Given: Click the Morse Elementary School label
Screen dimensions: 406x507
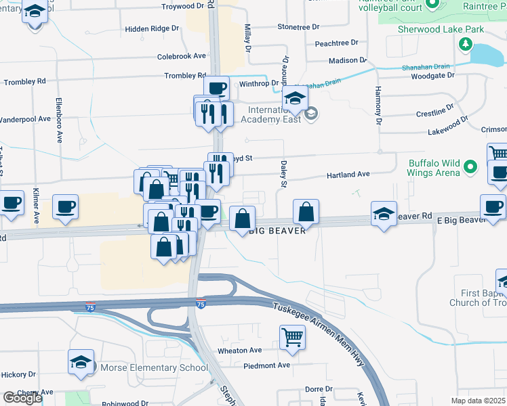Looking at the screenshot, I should coord(154,368).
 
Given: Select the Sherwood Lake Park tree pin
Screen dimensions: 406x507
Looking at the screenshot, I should coord(465,45).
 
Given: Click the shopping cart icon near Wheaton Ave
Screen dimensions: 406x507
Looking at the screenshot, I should coord(292,336).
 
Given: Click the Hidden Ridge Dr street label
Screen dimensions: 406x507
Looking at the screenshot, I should coord(153,30).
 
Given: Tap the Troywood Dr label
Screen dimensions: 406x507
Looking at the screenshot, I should coord(183,6).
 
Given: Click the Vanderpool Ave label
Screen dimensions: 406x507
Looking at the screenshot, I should coord(25,118).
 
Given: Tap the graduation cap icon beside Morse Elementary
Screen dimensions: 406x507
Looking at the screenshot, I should coord(81,362).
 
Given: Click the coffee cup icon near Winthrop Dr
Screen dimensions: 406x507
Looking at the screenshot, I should coord(216,88).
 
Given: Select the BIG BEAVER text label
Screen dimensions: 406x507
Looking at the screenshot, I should coord(273,230).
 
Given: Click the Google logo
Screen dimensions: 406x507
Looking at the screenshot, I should coord(22,398).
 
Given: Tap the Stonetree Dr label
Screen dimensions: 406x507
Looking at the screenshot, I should coord(298,27).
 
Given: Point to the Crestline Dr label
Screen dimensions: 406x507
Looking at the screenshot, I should coord(434,111).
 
